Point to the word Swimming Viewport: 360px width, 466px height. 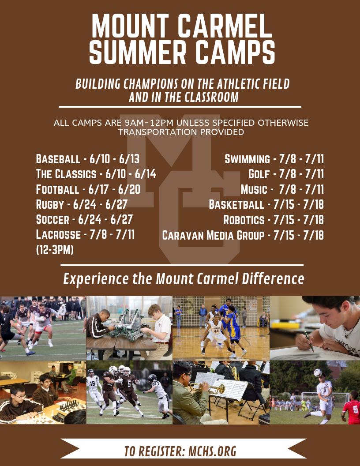[x=247, y=159]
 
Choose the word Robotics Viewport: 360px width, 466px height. [x=244, y=220]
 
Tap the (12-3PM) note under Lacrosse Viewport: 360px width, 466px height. [x=55, y=250]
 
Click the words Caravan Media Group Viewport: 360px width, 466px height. [x=214, y=235]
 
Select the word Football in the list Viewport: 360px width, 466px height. [x=57, y=190]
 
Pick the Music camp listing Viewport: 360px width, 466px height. [x=282, y=190]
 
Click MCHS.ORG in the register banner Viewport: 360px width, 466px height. [x=212, y=451]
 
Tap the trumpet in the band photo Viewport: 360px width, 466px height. [x=211, y=388]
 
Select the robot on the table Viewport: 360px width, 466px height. [x=128, y=327]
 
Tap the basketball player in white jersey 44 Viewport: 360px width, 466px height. [x=215, y=333]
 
